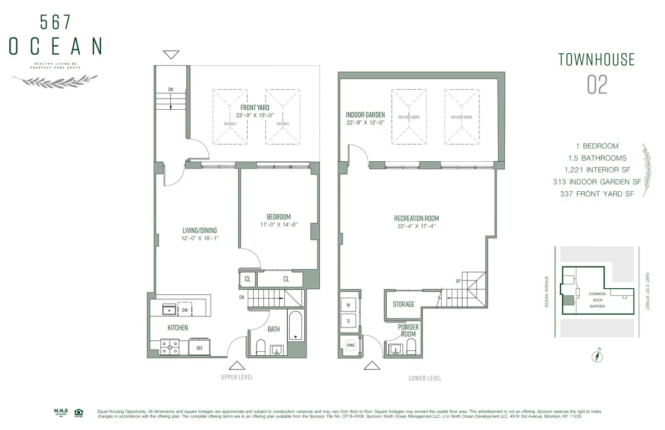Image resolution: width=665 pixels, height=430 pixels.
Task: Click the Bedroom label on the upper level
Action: click(278, 217)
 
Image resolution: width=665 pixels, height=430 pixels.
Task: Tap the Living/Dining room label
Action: click(200, 231)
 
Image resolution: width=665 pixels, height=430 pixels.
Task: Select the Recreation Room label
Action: click(416, 218)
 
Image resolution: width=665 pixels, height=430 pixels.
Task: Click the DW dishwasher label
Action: click(185, 310)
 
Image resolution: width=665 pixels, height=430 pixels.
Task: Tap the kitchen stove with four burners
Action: click(170, 347)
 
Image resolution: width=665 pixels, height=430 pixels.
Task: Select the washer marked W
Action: click(349, 305)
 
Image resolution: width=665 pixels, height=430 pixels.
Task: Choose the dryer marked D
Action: click(349, 321)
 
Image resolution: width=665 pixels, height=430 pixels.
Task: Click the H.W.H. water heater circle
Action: click(350, 345)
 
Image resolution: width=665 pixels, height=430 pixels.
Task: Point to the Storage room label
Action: click(403, 304)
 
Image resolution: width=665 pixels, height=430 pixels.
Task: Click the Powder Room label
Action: click(408, 330)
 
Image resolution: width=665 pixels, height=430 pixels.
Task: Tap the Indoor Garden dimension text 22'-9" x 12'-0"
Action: click(365, 123)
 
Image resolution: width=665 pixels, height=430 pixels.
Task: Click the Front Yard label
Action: click(255, 107)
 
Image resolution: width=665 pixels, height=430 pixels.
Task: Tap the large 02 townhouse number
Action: click(597, 85)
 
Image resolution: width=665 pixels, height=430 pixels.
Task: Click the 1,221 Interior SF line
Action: click(596, 170)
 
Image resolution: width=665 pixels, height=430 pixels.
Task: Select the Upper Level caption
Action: click(236, 377)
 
